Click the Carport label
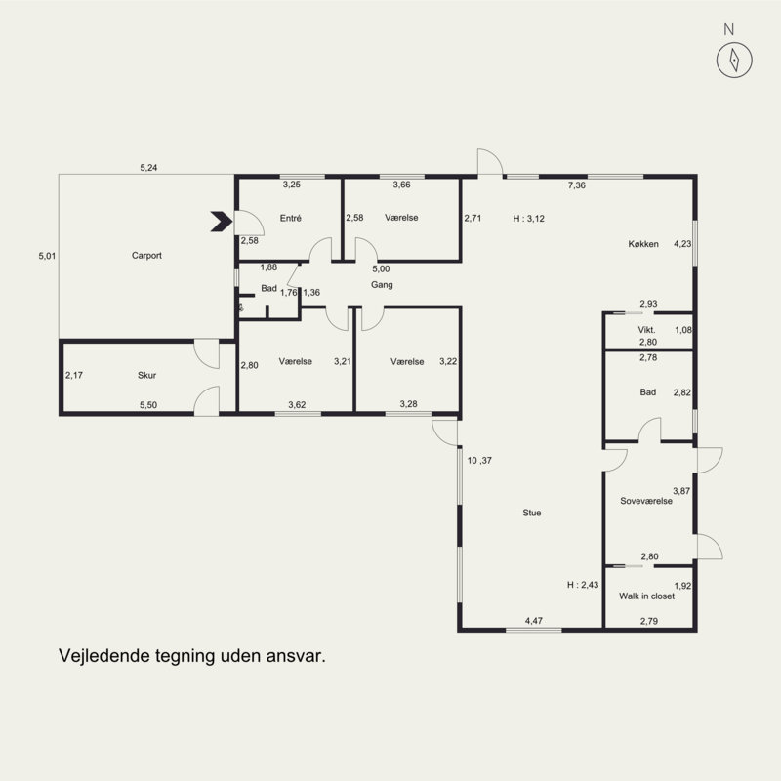coord(146,256)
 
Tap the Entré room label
coord(290,218)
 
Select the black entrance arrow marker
coord(222,222)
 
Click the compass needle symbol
coord(734,60)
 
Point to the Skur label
coord(147,376)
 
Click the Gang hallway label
coord(382,285)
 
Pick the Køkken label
coord(643,244)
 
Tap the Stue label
coord(531,514)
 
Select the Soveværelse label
coord(646,501)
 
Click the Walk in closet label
coord(646,596)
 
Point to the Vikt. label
coord(646,330)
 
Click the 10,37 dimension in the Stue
coord(479,461)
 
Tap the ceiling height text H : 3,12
coord(528,219)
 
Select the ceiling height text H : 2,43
coord(583,585)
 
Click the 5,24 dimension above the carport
coord(148,168)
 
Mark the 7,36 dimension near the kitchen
coord(577,185)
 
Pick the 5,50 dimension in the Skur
coord(148,405)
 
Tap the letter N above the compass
coord(728,30)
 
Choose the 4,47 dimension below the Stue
coord(533,621)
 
